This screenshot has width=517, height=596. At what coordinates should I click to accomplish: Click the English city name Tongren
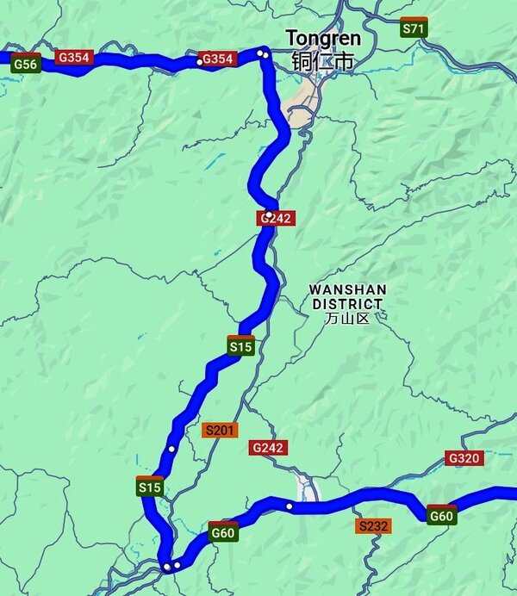click(x=323, y=39)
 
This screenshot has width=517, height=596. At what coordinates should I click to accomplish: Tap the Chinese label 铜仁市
click(x=323, y=61)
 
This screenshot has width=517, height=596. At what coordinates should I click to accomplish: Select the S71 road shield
click(x=414, y=28)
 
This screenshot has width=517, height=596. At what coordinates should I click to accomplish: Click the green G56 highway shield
click(x=26, y=63)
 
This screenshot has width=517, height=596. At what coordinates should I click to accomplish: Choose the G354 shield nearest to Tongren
click(x=217, y=59)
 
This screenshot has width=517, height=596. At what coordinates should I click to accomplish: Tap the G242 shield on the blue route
click(x=277, y=219)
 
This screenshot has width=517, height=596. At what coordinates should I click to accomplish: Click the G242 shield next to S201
click(x=269, y=448)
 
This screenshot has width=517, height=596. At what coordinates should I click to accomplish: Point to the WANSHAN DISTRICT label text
click(x=348, y=296)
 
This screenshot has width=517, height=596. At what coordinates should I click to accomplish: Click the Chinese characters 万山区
click(x=347, y=318)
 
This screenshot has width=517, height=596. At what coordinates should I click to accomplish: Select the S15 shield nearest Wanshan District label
click(x=241, y=346)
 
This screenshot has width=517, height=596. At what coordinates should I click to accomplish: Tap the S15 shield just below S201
click(x=150, y=487)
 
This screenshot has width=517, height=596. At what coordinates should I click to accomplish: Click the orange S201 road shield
click(x=219, y=430)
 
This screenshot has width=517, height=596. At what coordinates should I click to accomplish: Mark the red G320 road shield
click(x=463, y=458)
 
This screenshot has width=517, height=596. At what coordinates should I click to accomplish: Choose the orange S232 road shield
click(x=374, y=525)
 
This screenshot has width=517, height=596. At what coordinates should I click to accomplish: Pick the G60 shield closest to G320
click(x=441, y=516)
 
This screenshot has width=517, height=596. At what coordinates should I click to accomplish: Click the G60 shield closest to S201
click(x=223, y=532)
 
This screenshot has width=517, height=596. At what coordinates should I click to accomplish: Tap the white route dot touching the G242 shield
click(x=270, y=214)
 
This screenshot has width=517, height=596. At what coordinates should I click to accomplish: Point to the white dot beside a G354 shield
click(x=200, y=61)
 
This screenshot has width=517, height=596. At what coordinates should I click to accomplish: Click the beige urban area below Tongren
click(x=302, y=112)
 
